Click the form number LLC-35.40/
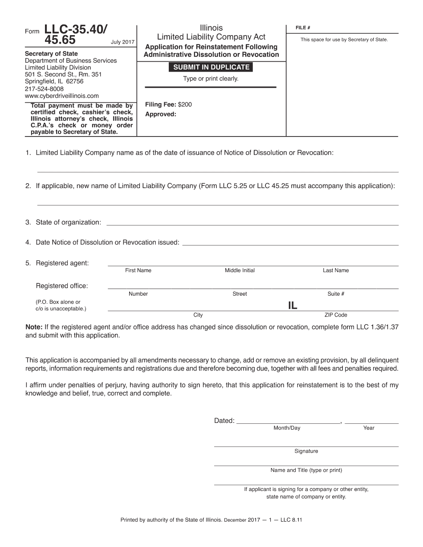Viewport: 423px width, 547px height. click(x=76, y=30)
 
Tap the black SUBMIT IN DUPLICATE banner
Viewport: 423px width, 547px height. click(x=211, y=67)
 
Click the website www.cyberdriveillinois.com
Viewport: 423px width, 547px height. click(x=62, y=96)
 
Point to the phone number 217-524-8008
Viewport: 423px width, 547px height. click(x=44, y=88)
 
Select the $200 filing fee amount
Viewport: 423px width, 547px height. click(x=185, y=105)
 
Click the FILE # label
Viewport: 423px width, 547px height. click(x=303, y=28)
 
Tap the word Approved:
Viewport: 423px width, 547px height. click(x=161, y=114)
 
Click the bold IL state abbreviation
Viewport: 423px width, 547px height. click(x=293, y=306)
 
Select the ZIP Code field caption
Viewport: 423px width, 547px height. click(x=336, y=315)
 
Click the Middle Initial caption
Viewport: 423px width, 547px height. click(x=240, y=270)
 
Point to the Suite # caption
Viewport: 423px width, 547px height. click(x=336, y=294)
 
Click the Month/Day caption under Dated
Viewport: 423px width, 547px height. click(x=287, y=428)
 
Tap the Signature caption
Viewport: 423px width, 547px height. click(x=306, y=451)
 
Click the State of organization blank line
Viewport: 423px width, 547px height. click(x=252, y=225)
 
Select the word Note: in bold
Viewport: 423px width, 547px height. click(x=34, y=326)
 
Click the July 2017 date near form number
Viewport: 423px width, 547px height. click(x=122, y=42)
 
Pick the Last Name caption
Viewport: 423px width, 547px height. click(x=336, y=270)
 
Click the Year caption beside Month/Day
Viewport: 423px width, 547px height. click(x=369, y=428)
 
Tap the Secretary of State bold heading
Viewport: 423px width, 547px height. click(x=51, y=54)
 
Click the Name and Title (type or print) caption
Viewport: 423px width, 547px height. click(x=306, y=470)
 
